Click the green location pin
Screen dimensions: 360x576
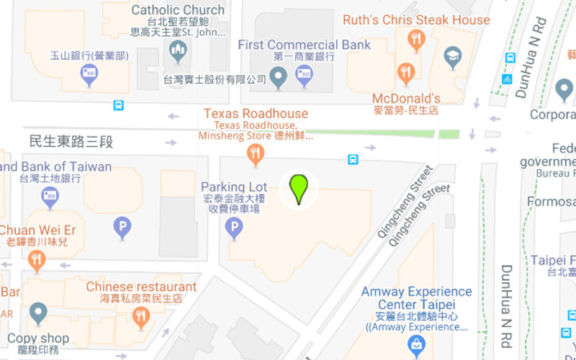point(299,188)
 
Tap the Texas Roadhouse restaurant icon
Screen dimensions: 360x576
point(255,153)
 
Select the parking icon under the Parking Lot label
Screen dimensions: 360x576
point(233,228)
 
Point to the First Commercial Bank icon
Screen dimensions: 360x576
point(305,75)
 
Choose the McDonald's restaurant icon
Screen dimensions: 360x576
point(406,72)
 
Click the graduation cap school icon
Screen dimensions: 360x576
point(452,55)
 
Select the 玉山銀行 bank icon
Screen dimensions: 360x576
point(89,73)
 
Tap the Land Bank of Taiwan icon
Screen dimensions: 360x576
point(50,196)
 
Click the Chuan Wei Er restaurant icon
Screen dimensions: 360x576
point(36,259)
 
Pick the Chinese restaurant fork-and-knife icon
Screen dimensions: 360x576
point(141,315)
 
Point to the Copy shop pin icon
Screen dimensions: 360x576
point(38,313)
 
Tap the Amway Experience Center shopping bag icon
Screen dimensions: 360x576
point(416,346)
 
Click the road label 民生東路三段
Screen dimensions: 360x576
point(71,141)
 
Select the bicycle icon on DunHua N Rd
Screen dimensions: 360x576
point(508,78)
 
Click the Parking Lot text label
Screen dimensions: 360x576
point(234,187)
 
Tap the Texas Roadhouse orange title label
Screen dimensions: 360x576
point(256,114)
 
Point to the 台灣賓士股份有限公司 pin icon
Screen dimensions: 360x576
point(278,75)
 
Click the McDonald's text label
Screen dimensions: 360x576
point(406,99)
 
